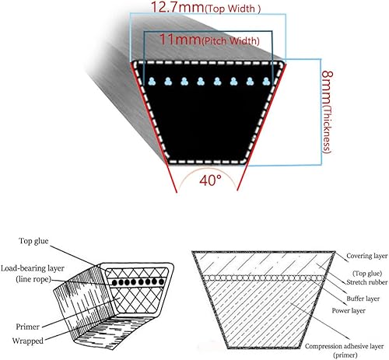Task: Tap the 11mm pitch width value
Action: pyautogui.click(x=180, y=40)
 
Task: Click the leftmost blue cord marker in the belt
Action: pyautogui.click(x=152, y=82)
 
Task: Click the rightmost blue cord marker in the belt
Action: pyautogui.click(x=266, y=82)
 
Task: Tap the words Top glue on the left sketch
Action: pyautogui.click(x=33, y=241)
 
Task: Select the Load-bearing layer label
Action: pyautogui.click(x=33, y=268)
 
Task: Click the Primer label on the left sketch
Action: pyautogui.click(x=28, y=327)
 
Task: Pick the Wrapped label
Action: pyautogui.click(x=28, y=341)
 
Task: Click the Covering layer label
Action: pyautogui.click(x=366, y=256)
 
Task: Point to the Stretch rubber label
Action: pyautogui.click(x=367, y=282)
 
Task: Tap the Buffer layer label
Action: pyautogui.click(x=363, y=299)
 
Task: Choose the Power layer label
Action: pyautogui.click(x=349, y=310)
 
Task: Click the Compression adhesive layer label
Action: pyautogui.click(x=344, y=346)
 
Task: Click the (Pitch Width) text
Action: pyautogui.click(x=230, y=41)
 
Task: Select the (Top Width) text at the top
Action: pyautogui.click(x=233, y=9)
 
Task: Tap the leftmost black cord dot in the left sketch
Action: pyautogui.click(x=114, y=283)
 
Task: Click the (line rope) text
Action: pyautogui.click(x=33, y=279)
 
